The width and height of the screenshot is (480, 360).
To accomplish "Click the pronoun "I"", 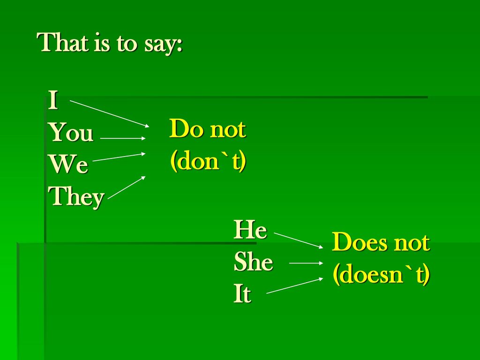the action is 53,100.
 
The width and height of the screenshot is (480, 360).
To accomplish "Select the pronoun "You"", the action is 71,132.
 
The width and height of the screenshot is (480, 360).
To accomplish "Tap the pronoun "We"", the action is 68,164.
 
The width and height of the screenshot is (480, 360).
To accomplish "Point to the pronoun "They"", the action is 76,197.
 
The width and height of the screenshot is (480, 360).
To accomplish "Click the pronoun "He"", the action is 250,230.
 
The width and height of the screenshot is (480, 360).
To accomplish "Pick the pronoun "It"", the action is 242,293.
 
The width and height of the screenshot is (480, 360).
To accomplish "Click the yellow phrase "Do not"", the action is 208,129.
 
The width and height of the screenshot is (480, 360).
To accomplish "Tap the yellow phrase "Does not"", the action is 381,242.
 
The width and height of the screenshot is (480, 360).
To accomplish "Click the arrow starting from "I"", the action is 110,113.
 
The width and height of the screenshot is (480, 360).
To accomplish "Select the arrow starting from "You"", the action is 123,138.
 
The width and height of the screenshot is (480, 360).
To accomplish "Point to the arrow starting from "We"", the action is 119,157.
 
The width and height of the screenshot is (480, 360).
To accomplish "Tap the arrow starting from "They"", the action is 127,187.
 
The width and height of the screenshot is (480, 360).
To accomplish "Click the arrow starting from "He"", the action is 299,240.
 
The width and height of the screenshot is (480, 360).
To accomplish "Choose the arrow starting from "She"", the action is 306,263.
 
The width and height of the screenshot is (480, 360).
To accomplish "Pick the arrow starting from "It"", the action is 295,285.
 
